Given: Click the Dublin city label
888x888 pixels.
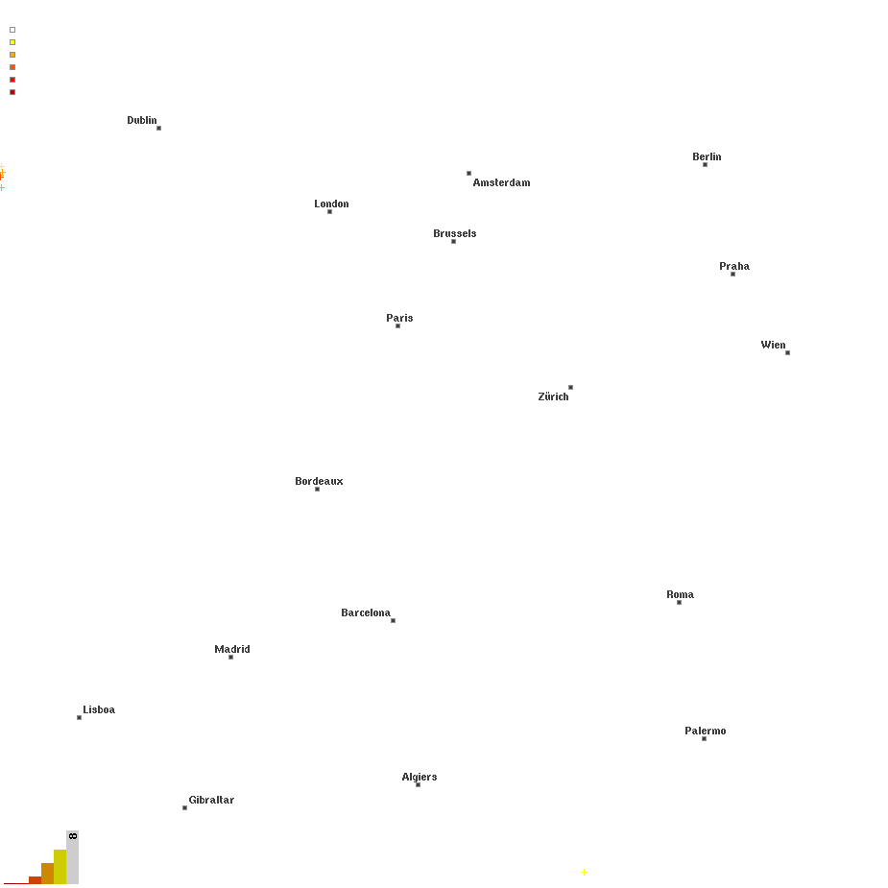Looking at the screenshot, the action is point(141,120).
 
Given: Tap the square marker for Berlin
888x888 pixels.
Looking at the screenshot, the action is point(705,165).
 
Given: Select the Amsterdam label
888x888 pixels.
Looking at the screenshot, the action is point(502,182).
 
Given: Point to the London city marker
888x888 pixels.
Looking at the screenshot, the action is point(329,212).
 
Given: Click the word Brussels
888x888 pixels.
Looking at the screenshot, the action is point(455,233).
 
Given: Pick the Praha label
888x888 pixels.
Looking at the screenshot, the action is point(734,266).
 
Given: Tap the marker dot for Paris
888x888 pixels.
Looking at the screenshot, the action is point(398,326).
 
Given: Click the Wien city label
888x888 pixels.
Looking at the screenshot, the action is point(773,345).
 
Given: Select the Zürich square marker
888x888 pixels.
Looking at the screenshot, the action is point(571,388).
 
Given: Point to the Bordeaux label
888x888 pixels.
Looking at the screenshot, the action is point(319,481).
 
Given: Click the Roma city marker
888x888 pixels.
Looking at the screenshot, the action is point(679,603).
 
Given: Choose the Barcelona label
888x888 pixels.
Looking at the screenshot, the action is point(366,612).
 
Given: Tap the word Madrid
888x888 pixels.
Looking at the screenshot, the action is point(232,649).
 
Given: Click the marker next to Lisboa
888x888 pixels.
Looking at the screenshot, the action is point(80,718).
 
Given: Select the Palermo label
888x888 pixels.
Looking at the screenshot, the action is point(705,732).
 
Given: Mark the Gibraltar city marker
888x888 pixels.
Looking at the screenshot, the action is point(184,808).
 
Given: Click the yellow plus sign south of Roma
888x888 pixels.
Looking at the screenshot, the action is point(584,872).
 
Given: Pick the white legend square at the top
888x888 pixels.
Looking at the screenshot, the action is point(12,30).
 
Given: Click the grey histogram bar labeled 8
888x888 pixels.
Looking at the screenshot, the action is point(73,857).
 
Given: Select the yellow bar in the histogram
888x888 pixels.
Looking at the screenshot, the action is point(60,867).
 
